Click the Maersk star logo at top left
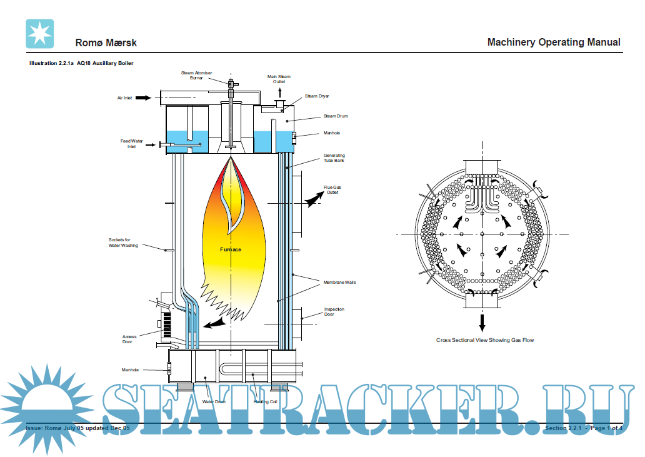tap(40, 34)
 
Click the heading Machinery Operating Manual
tap(553, 42)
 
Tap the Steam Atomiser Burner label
tap(196, 76)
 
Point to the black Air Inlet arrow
tap(144, 98)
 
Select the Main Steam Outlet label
tap(279, 79)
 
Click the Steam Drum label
tap(336, 116)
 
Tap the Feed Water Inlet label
tap(132, 144)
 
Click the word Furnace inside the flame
tap(231, 249)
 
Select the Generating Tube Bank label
tap(334, 158)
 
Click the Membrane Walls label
tap(339, 283)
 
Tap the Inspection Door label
tap(334, 312)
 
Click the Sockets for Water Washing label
tap(123, 243)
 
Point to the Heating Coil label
tap(265, 401)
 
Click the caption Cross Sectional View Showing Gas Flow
tap(485, 340)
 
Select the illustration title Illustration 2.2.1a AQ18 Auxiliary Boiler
tap(82, 63)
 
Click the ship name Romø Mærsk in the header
tap(106, 43)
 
